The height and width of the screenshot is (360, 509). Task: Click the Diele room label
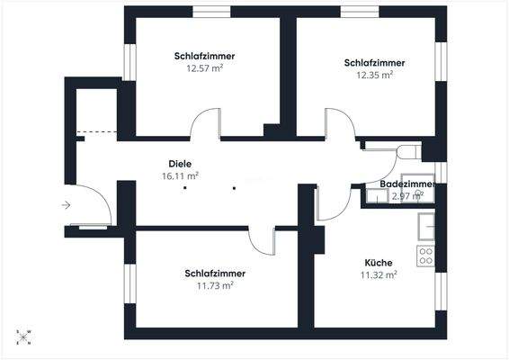tap(180, 165)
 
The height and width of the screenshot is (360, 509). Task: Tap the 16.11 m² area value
tap(180, 177)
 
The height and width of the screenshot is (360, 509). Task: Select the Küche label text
tap(379, 263)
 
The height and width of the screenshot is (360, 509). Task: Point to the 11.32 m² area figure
tap(379, 275)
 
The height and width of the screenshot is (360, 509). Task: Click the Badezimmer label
tap(407, 184)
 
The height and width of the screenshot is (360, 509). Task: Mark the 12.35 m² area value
tap(374, 76)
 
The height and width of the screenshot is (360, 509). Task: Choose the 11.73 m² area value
tap(215, 285)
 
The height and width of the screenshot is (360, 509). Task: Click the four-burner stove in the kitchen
tap(425, 255)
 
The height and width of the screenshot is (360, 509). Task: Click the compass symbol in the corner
tap(24, 337)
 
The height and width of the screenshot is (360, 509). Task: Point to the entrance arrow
tap(66, 205)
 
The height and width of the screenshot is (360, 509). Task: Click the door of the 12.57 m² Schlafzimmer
tap(205, 123)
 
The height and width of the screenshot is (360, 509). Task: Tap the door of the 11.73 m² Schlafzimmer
tap(263, 239)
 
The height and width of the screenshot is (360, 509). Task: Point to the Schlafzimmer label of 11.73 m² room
tap(215, 273)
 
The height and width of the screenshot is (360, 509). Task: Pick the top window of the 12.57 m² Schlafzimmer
tap(210, 11)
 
